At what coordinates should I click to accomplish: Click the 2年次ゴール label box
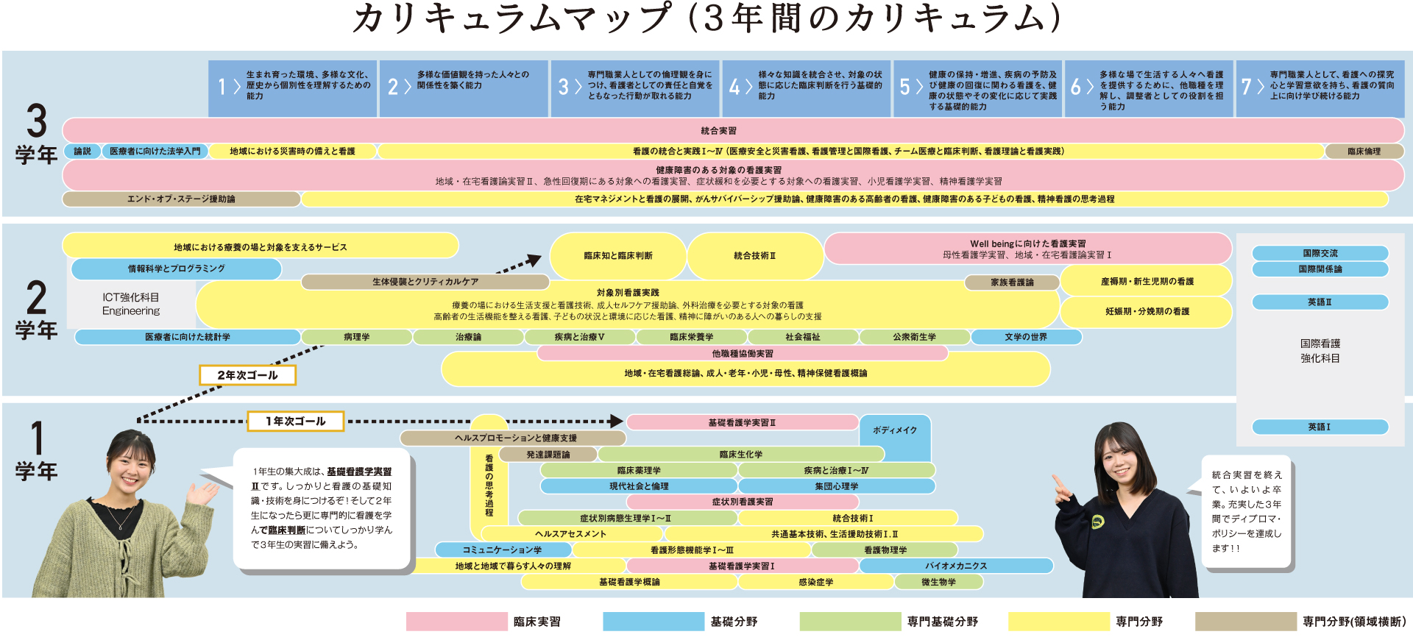(247, 375)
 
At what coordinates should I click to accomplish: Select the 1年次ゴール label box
(296, 422)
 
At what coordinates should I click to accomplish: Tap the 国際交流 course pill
(1320, 253)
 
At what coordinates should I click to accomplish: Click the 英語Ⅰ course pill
(1320, 427)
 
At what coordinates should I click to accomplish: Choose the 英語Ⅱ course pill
(1320, 302)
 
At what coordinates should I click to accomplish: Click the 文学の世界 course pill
(1026, 337)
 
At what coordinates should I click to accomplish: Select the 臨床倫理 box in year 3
(1364, 152)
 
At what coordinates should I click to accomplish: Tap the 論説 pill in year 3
(82, 152)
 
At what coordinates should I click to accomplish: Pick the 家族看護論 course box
(1012, 282)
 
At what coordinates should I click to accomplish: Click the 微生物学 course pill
(938, 582)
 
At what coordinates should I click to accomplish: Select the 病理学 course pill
(357, 337)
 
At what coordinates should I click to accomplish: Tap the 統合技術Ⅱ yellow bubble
(754, 255)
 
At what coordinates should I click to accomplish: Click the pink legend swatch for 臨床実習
(456, 622)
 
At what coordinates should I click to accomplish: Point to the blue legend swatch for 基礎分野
(653, 622)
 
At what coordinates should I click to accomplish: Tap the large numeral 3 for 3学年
(37, 121)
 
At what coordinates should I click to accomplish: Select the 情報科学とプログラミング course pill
(177, 269)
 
